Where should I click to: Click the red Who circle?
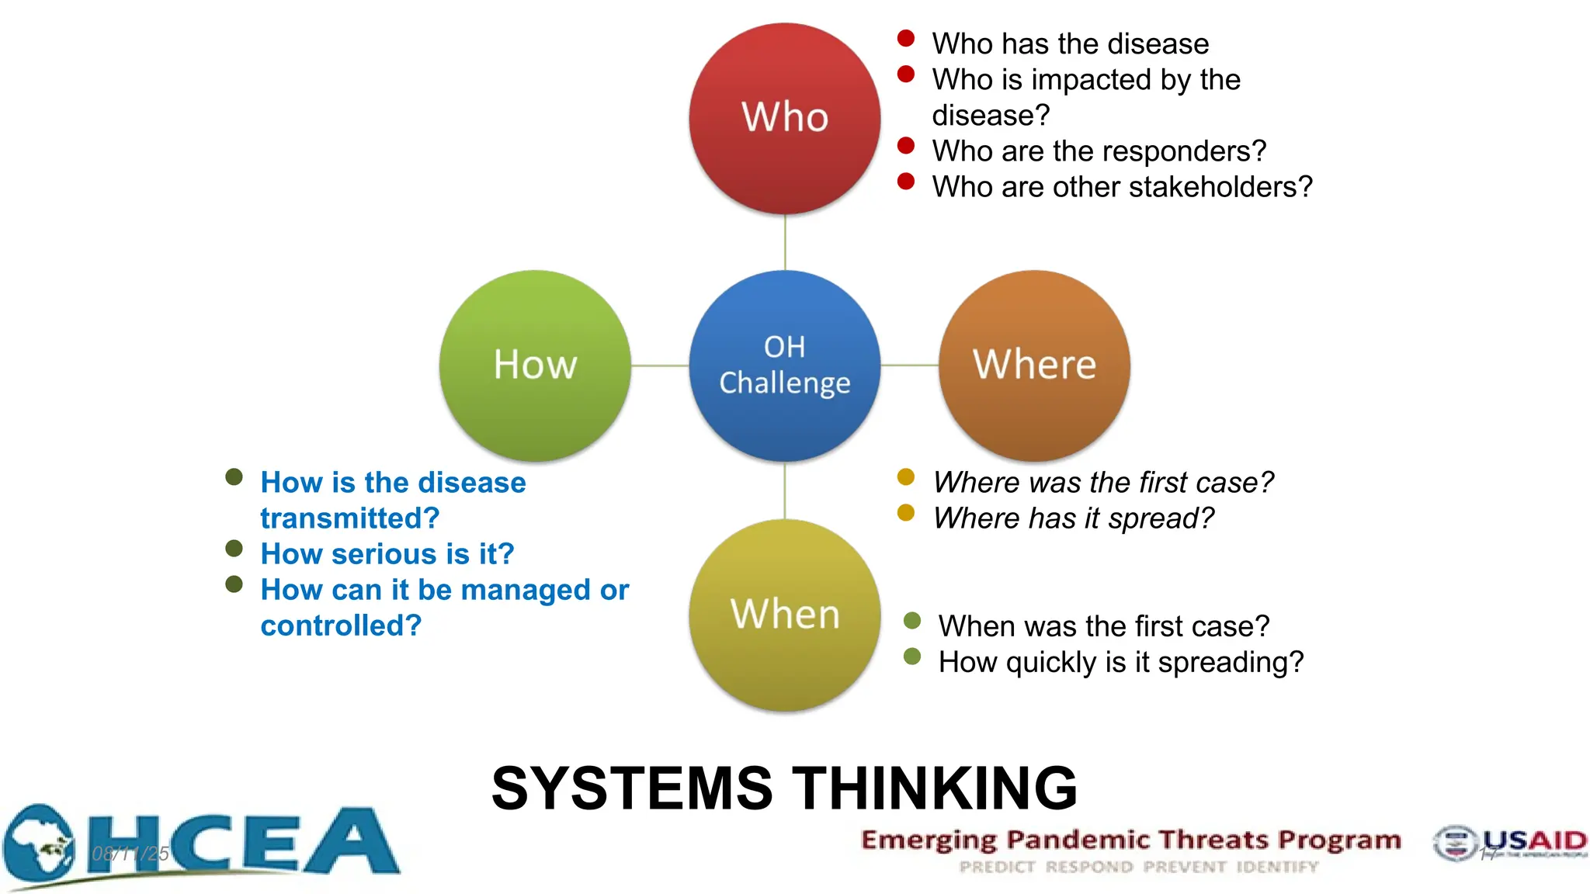(x=784, y=118)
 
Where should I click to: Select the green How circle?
(x=535, y=365)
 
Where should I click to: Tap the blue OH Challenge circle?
(x=784, y=365)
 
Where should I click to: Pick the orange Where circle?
(x=1034, y=365)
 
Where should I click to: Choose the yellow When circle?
(x=784, y=615)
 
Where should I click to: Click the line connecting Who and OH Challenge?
(x=785, y=242)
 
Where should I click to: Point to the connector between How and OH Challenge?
(x=660, y=366)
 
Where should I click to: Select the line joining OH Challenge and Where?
(x=909, y=366)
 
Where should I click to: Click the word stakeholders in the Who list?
(x=1211, y=187)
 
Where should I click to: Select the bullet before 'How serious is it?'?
(x=234, y=549)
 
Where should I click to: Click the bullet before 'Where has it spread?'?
(x=905, y=512)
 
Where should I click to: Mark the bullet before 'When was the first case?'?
(x=912, y=620)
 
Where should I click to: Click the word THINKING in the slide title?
(x=935, y=788)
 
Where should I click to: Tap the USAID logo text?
(x=1533, y=840)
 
